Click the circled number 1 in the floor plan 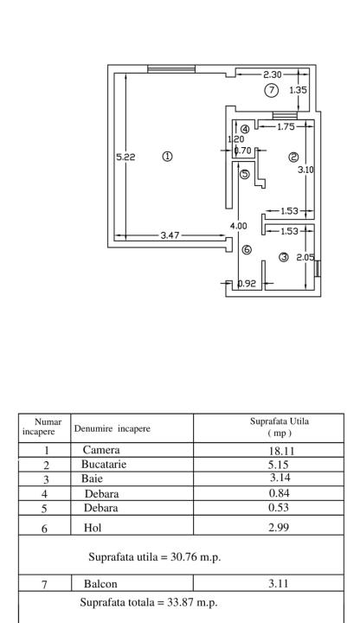[x=167, y=156]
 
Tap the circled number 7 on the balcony [x=272, y=90]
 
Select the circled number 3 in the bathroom [x=284, y=258]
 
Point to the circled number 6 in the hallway [x=247, y=250]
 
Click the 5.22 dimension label [x=125, y=157]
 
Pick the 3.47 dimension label [x=170, y=235]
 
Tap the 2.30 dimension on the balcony [x=273, y=74]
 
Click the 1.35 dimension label [x=298, y=90]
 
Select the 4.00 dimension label [x=238, y=226]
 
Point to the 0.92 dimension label [x=247, y=284]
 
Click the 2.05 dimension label [x=305, y=258]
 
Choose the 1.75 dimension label [x=286, y=126]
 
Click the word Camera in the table [x=101, y=450]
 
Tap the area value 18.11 [x=282, y=451]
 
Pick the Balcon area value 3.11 [x=279, y=583]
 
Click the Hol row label [x=93, y=528]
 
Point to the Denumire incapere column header [x=112, y=428]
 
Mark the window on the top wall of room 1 [x=171, y=68]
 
